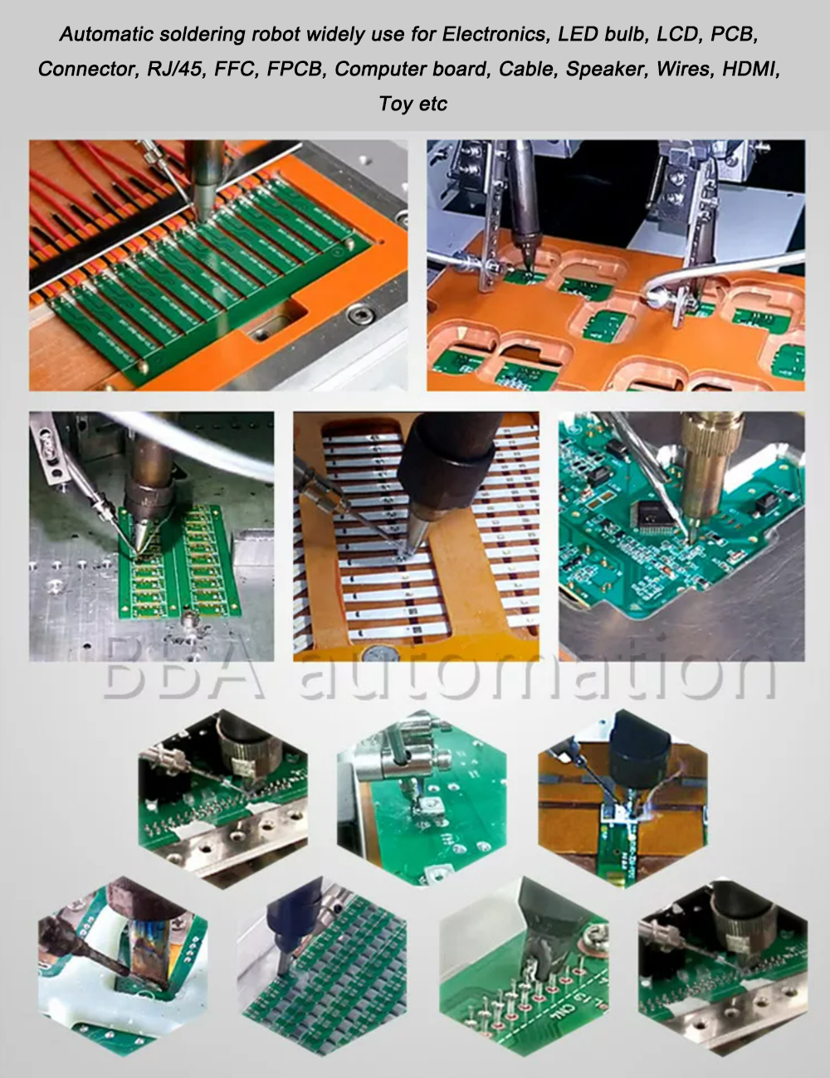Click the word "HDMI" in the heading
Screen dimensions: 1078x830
tap(750, 69)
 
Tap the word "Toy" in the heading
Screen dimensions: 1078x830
tap(397, 104)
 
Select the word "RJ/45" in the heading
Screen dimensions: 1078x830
tap(175, 69)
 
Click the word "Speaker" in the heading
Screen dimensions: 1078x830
tap(604, 69)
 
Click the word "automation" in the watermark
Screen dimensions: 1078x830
tap(535, 670)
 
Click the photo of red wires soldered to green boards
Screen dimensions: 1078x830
tap(218, 265)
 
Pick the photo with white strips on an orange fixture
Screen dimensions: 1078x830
tap(416, 537)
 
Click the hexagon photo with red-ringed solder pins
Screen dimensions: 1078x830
tap(525, 966)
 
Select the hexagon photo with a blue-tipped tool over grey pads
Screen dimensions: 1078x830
tap(322, 966)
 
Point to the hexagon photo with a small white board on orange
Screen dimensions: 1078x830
tap(622, 796)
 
